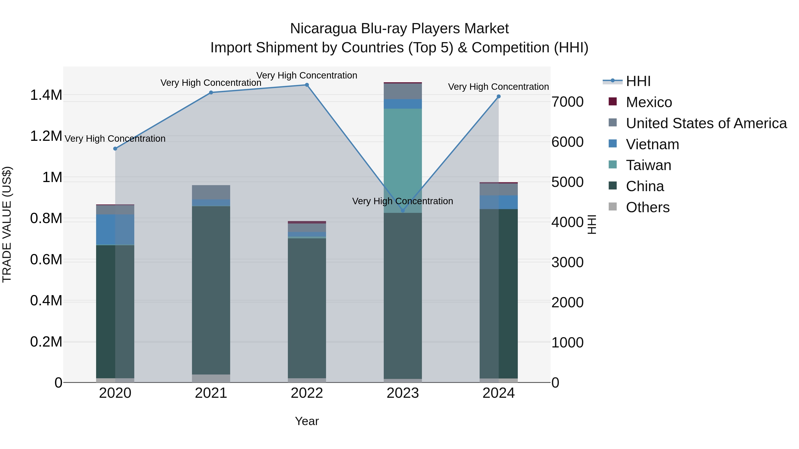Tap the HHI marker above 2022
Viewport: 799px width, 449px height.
point(307,85)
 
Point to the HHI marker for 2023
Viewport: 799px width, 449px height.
point(403,211)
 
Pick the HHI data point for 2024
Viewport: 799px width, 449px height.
point(498,97)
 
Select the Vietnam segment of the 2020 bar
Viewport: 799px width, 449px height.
point(115,230)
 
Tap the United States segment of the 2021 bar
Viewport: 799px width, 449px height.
point(211,192)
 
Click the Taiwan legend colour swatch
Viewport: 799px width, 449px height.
point(613,165)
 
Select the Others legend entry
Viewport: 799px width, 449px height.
point(647,207)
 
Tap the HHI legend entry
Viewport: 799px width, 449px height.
point(638,81)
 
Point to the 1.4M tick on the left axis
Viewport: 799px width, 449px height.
point(46,95)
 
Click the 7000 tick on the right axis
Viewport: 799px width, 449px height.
point(567,102)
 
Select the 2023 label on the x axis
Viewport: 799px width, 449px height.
point(403,393)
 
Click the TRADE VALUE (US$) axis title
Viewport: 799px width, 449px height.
point(7,224)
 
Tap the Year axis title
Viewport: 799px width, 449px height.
point(307,421)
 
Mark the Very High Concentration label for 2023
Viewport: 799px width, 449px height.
point(403,201)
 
